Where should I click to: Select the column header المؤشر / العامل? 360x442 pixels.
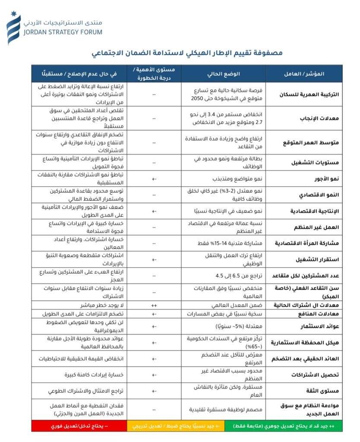pos(304,73)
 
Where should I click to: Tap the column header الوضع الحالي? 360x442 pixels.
pos(223,73)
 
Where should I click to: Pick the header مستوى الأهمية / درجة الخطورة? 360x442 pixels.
pos(154,73)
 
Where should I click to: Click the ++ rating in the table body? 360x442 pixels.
pos(154,305)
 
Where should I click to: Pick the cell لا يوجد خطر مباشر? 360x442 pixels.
pos(93,305)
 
